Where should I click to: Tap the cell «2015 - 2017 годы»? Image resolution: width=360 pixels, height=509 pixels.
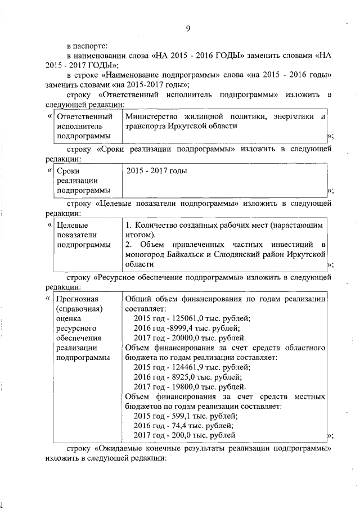click(156, 170)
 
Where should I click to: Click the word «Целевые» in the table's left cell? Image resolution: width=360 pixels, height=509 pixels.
click(73, 225)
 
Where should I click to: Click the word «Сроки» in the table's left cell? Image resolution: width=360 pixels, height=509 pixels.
click(68, 170)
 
